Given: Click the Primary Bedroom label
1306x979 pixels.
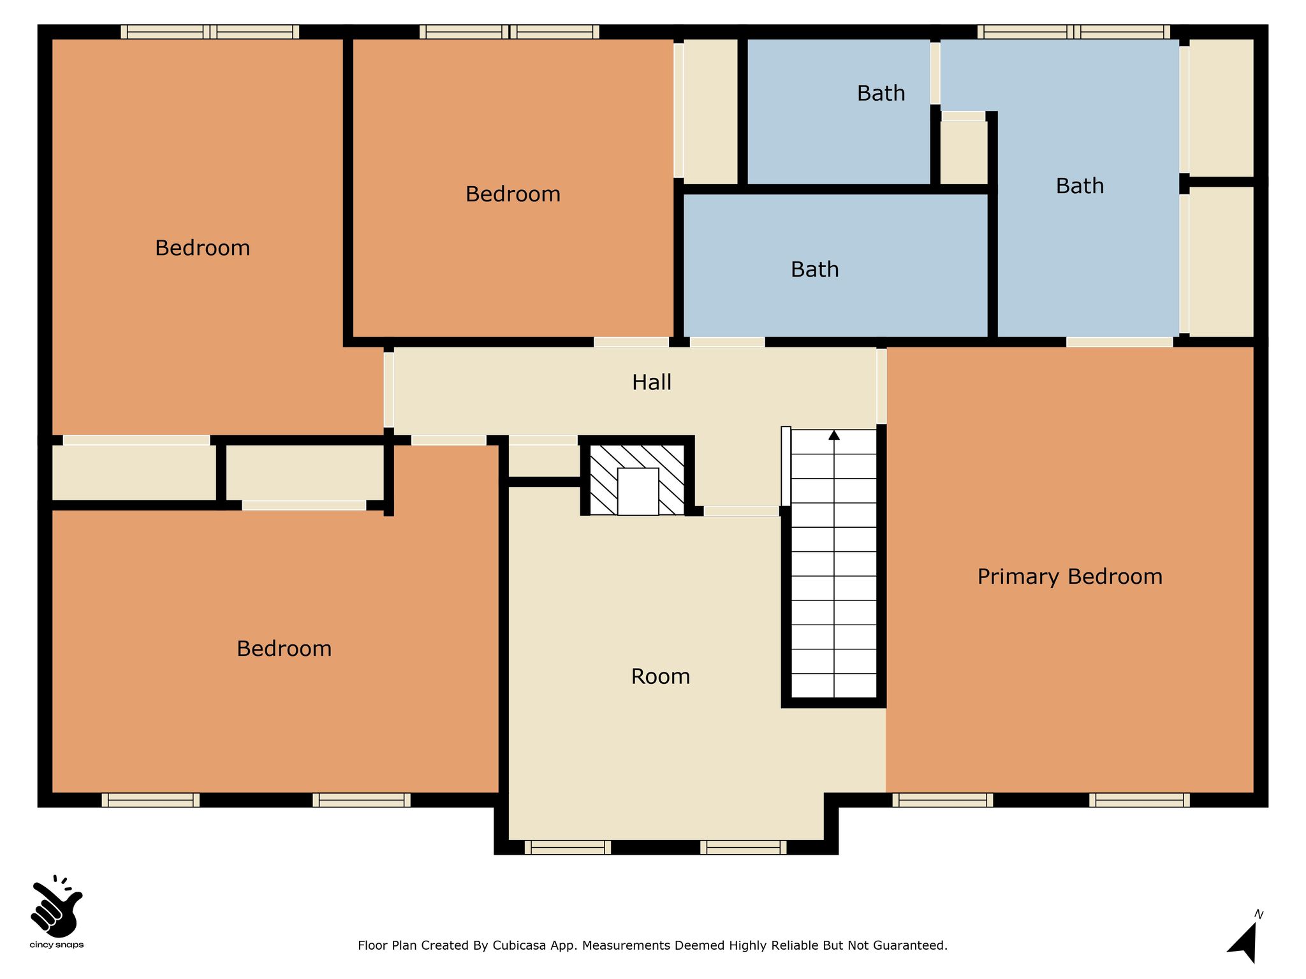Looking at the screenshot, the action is tap(1069, 577).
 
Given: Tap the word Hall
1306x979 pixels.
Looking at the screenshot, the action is tap(652, 382).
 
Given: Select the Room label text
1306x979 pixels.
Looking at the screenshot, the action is tap(661, 676).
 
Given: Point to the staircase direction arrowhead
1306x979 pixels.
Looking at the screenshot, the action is tap(834, 435).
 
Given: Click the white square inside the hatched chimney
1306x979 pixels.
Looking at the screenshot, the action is tap(638, 491).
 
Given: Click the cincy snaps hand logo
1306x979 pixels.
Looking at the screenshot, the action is tap(56, 904).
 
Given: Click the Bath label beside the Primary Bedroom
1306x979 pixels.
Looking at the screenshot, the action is tap(1080, 186).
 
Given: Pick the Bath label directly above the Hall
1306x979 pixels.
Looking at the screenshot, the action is tap(814, 270).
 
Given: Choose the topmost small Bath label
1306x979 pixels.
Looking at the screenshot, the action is tap(881, 94).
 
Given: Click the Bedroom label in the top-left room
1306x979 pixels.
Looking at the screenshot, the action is tap(202, 248).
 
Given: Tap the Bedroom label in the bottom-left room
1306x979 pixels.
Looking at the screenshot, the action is tap(284, 649).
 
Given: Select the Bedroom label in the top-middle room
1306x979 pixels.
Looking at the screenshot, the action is tap(513, 194).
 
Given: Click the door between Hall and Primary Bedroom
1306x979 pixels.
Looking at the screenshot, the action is tap(881, 386).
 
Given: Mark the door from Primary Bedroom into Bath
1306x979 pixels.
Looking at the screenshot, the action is tap(1119, 342).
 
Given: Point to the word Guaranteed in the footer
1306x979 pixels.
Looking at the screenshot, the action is tap(912, 946).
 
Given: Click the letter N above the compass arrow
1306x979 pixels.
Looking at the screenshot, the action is tap(1259, 915).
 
